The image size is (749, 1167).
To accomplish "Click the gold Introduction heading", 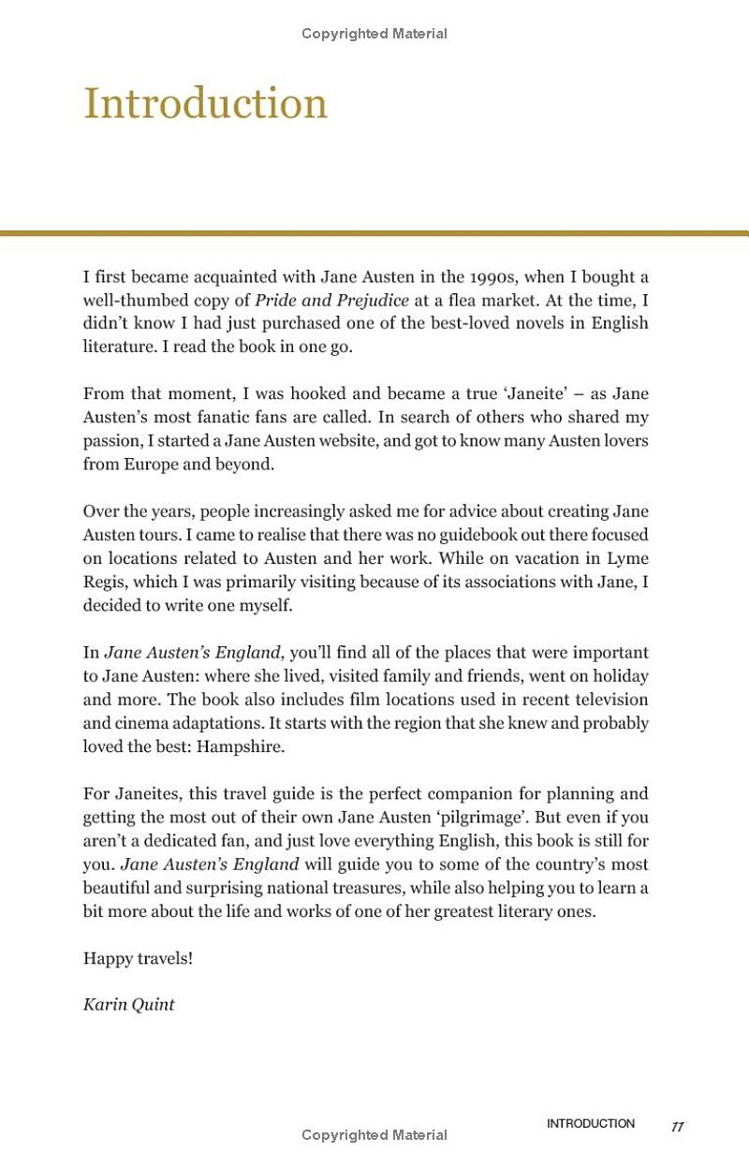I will coord(205,103).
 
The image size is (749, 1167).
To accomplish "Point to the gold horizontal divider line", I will coord(374,233).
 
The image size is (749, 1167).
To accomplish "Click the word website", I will coord(338,441).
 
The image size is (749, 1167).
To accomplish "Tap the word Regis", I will coord(105,582).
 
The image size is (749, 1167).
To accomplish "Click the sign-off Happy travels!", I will coord(138,958).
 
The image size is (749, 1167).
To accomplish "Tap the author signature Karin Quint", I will coord(128,1005).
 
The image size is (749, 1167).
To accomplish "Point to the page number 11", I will coord(677,1127).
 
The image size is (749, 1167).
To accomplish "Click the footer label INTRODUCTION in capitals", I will coord(590,1124).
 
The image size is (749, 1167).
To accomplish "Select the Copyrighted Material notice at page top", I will coord(374,34).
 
